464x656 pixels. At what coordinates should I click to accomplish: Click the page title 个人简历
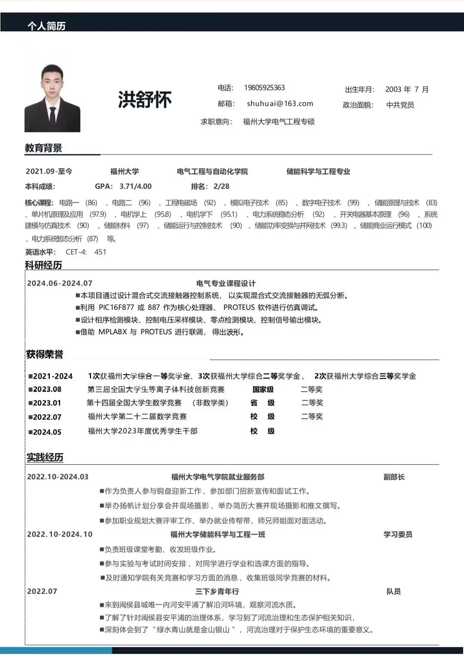click(46, 26)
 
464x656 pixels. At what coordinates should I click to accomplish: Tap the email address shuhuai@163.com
click(280, 104)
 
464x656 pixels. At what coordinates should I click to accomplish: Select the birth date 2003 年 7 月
click(406, 89)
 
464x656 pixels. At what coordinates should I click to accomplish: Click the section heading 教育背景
click(43, 148)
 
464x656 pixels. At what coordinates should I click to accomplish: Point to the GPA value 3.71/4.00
click(135, 186)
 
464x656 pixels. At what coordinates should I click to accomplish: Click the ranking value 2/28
click(221, 186)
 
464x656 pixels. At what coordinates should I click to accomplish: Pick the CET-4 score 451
click(100, 252)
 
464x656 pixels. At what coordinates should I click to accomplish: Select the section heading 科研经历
click(43, 265)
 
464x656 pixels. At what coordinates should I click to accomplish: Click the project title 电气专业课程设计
click(226, 283)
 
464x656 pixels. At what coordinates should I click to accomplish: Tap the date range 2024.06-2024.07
click(60, 283)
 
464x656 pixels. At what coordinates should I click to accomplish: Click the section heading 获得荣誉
click(45, 354)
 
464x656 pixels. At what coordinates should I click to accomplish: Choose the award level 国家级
click(263, 390)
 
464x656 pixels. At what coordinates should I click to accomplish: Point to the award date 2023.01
click(47, 403)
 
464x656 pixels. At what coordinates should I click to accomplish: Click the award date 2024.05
click(47, 432)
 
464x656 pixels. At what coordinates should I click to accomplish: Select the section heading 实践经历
click(45, 457)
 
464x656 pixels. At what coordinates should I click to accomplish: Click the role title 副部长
click(394, 477)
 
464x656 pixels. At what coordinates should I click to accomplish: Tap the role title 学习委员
click(398, 534)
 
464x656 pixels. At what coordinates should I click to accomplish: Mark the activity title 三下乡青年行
click(217, 591)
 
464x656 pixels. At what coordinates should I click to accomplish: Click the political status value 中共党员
click(400, 105)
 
